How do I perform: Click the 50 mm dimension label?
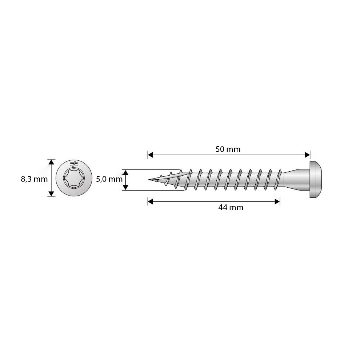coord(228,149)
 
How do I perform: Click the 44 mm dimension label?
coord(231,208)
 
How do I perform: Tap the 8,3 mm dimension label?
coord(34,179)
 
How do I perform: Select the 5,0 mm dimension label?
coord(109,179)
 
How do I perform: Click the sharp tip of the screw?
coord(149,179)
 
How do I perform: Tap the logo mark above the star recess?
coord(74,164)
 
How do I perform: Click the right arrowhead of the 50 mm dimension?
coord(307,155)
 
